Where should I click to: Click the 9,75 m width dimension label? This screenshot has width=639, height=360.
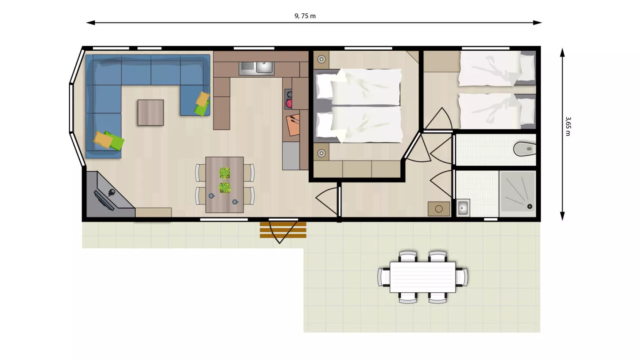(x=305, y=16)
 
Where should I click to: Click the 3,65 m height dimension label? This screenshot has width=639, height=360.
(x=568, y=126)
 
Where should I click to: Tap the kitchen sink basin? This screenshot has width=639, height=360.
(x=264, y=67)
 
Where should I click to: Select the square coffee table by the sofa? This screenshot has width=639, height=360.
(x=151, y=113)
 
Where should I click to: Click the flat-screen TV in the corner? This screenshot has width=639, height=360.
(x=104, y=201)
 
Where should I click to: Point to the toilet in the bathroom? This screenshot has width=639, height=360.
(x=525, y=149)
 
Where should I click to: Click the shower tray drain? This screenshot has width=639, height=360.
(x=530, y=206)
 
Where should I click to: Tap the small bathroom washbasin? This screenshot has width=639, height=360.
(x=463, y=208)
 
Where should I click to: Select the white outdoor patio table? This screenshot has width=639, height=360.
(x=423, y=277)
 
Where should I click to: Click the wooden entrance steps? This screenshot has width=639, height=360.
(x=283, y=230)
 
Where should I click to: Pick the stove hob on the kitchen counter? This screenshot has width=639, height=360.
(x=288, y=99)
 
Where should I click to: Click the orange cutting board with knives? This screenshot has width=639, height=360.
(x=293, y=125)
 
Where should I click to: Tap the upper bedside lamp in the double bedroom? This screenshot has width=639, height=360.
(x=322, y=59)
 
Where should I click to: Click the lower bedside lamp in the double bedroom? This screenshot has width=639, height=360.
(x=322, y=153)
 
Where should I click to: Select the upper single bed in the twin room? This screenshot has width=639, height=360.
(x=497, y=69)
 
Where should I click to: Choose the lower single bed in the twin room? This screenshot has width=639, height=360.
(x=497, y=111)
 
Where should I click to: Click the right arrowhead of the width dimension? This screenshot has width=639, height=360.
(x=537, y=22)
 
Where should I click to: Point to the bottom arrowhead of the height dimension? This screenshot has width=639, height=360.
(x=562, y=216)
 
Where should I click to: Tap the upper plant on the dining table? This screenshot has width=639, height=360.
(x=225, y=173)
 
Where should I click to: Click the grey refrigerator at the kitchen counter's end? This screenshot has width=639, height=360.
(x=291, y=156)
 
